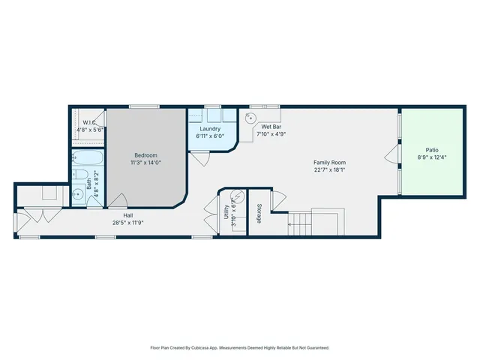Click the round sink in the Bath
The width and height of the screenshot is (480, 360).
click(77, 194)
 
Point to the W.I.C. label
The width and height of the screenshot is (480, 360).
click(88, 122)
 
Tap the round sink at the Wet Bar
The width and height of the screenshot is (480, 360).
click(251, 117)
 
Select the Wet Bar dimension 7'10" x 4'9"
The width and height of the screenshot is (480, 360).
click(271, 135)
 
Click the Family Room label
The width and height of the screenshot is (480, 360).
click(329, 162)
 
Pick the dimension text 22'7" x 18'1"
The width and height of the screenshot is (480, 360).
click(329, 169)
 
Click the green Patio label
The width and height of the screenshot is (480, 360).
click(432, 149)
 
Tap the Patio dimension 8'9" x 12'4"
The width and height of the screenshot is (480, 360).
click(432, 157)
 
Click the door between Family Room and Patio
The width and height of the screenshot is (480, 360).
click(391, 156)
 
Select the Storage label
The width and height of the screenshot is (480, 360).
click(259, 213)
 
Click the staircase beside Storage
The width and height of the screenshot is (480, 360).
click(300, 221)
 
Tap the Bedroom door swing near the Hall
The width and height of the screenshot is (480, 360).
click(118, 200)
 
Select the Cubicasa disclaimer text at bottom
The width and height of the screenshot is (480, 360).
click(239, 348)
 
